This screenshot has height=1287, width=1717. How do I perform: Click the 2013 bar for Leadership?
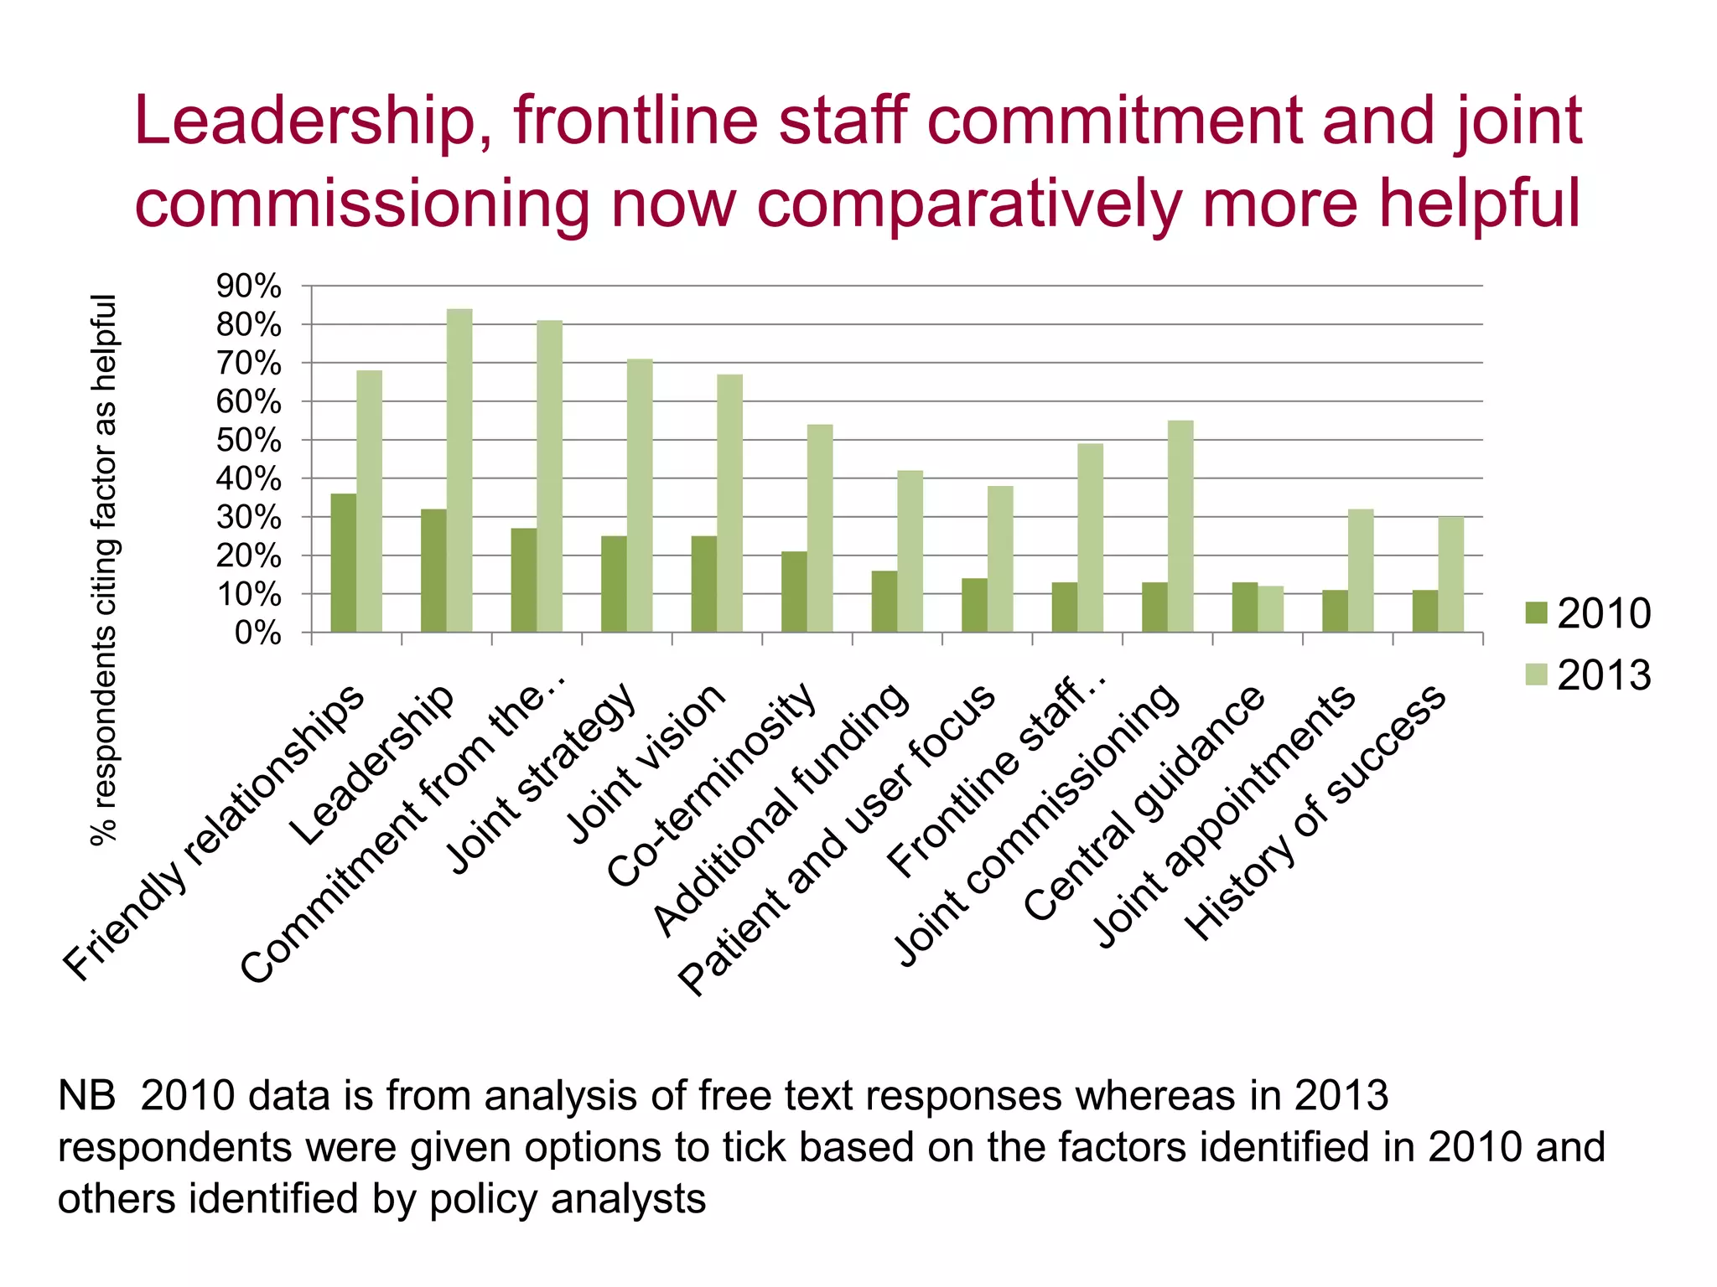coord(459,470)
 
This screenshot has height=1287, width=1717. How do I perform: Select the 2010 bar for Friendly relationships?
coord(344,563)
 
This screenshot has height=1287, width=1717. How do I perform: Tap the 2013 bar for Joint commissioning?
coord(1180,526)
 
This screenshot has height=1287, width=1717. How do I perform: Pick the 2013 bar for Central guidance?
coord(1271,609)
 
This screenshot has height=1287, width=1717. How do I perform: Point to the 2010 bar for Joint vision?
coord(704,584)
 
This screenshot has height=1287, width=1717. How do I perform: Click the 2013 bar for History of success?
coord(1451,575)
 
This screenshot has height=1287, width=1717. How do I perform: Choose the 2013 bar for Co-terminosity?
coord(820,528)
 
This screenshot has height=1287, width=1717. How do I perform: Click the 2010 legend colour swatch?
coord(1536,613)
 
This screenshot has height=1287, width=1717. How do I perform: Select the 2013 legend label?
coord(1604,675)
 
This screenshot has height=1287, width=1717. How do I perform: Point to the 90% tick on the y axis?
coord(249,287)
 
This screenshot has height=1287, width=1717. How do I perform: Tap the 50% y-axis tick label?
coord(249,441)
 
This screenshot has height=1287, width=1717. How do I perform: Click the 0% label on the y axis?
coord(257,633)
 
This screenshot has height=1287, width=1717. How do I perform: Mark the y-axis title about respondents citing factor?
coord(104,570)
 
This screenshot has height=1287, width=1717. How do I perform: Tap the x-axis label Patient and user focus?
coord(838,838)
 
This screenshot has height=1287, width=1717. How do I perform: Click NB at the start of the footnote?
coord(86,1097)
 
